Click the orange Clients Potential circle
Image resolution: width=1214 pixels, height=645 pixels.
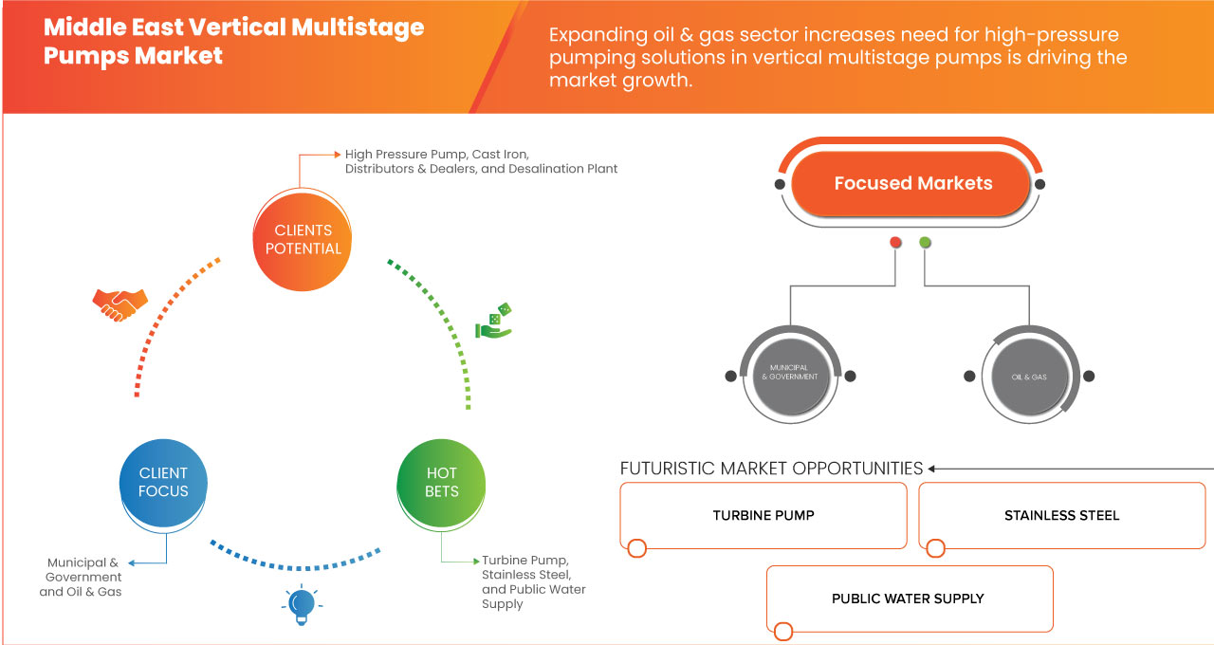pyautogui.click(x=303, y=239)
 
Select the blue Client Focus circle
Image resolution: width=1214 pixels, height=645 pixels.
pyautogui.click(x=163, y=482)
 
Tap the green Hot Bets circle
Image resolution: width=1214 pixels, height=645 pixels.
pyautogui.click(x=442, y=482)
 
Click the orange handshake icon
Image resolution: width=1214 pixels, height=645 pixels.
pyautogui.click(x=120, y=304)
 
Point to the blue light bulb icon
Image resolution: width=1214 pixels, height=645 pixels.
pyautogui.click(x=302, y=604)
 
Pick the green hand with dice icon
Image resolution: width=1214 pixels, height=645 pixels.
pyautogui.click(x=493, y=322)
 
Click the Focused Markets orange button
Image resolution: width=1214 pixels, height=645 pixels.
pyautogui.click(x=912, y=183)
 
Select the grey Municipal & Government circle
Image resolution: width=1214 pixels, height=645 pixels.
pyautogui.click(x=790, y=376)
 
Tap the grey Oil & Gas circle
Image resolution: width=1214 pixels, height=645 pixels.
pyautogui.click(x=1028, y=376)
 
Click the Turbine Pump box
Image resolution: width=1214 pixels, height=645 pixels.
pyautogui.click(x=763, y=515)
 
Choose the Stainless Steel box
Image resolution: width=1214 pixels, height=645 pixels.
pyautogui.click(x=1061, y=515)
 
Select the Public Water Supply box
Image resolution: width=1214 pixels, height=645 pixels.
pyautogui.click(x=908, y=599)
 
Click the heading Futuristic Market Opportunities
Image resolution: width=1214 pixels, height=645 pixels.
pyautogui.click(x=771, y=469)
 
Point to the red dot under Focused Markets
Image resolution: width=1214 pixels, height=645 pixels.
pyautogui.click(x=895, y=243)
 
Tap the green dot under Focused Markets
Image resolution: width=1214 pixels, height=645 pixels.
pyautogui.click(x=925, y=243)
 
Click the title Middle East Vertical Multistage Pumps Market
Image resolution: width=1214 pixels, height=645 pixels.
pyautogui.click(x=233, y=41)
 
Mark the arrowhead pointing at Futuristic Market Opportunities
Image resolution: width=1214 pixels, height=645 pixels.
pyautogui.click(x=932, y=469)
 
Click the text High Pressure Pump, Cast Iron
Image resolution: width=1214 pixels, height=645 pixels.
pyautogui.click(x=436, y=154)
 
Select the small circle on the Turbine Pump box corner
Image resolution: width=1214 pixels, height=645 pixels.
pyautogui.click(x=637, y=548)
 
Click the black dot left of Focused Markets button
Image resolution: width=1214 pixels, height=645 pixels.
pyautogui.click(x=780, y=184)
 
